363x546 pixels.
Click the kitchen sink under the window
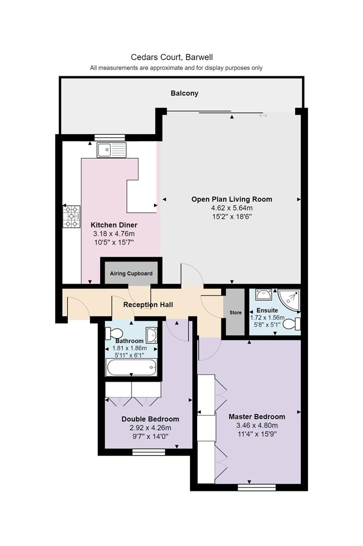click(x=112, y=150)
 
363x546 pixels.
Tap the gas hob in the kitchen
click(x=72, y=216)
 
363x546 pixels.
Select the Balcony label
click(x=184, y=94)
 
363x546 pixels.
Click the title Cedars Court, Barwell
click(x=176, y=57)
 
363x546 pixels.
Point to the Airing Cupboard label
click(x=131, y=274)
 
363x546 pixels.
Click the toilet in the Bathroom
click(x=114, y=333)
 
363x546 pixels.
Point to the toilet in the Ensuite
click(x=292, y=324)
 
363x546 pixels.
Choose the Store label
click(x=236, y=313)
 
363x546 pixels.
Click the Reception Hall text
click(x=148, y=305)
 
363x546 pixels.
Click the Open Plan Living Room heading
click(x=232, y=199)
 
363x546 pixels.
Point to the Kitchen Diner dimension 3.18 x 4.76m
click(x=113, y=234)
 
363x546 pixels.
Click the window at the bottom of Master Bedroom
click(x=257, y=487)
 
